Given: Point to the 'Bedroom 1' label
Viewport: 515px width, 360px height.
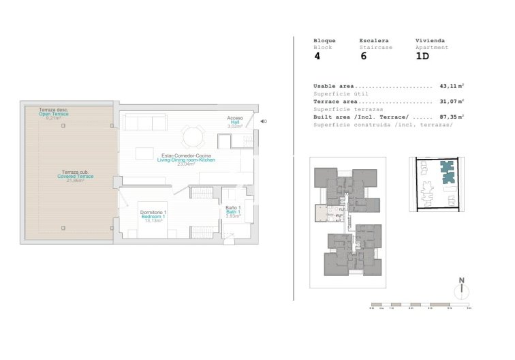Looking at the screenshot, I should pyautogui.click(x=153, y=217).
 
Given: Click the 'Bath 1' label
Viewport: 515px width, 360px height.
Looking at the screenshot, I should pyautogui.click(x=234, y=211).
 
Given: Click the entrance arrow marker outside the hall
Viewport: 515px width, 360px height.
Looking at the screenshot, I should pyautogui.click(x=263, y=122).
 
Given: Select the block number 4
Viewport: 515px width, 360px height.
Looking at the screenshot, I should pyautogui.click(x=317, y=57).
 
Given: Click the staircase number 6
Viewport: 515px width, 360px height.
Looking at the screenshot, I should pyautogui.click(x=363, y=57).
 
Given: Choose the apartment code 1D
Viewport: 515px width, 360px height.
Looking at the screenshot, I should pyautogui.click(x=422, y=57).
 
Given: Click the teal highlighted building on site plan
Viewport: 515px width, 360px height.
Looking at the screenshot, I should pyautogui.click(x=446, y=171).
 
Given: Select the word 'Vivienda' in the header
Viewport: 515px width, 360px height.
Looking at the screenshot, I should pyautogui.click(x=428, y=41).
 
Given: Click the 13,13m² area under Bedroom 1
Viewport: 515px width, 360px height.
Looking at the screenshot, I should pyautogui.click(x=153, y=222).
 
